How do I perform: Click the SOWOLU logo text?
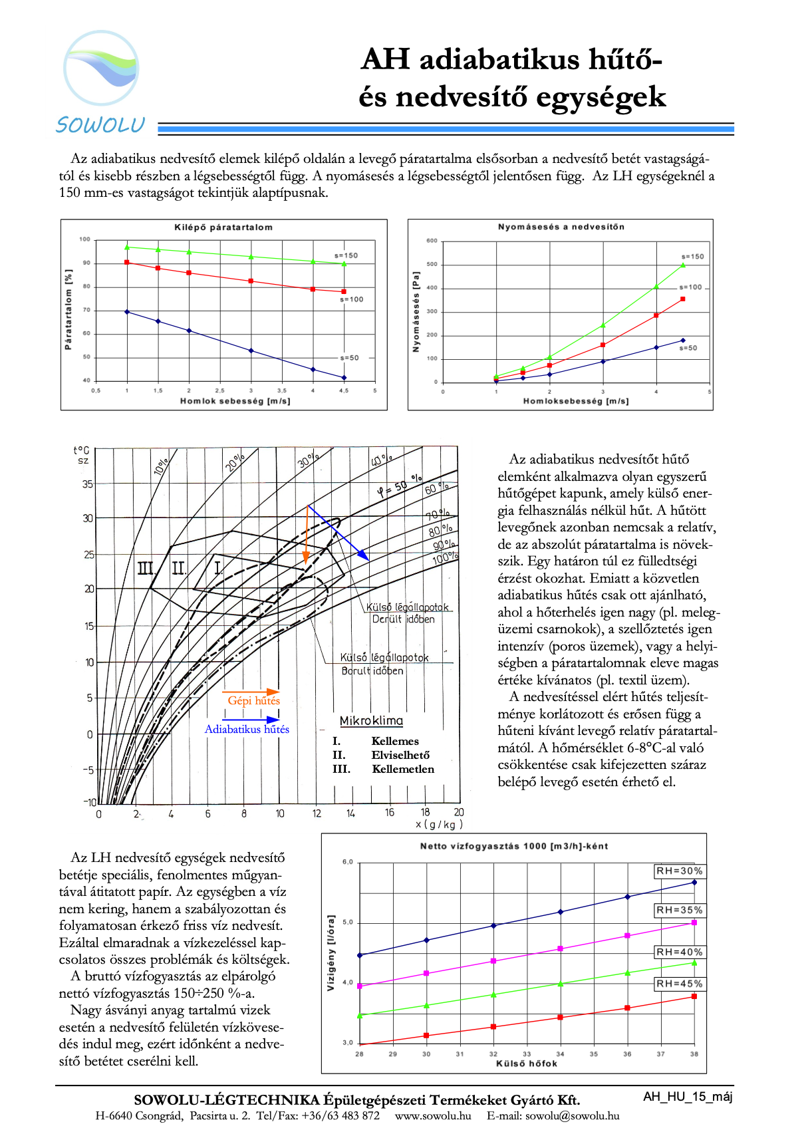click(100, 125)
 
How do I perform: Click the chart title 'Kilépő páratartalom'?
click(223, 227)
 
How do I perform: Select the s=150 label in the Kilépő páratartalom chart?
click(346, 255)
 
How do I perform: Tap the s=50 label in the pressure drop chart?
click(688, 348)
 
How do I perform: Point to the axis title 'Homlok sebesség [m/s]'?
click(235, 401)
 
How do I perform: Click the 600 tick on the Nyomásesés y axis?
click(432, 241)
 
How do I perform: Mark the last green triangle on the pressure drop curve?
click(683, 265)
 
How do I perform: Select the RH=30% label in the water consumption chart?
click(679, 871)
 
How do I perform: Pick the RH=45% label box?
click(679, 984)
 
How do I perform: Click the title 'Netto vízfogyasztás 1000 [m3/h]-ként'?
click(514, 846)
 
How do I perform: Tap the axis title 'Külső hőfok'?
click(527, 1064)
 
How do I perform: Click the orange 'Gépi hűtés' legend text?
click(253, 700)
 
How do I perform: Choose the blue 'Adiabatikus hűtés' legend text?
click(247, 729)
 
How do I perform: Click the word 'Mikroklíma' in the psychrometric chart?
click(371, 721)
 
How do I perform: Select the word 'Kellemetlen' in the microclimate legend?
click(403, 769)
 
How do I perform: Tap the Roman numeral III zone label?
click(146, 569)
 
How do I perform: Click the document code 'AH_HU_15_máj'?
click(688, 1097)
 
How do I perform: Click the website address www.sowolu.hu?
click(433, 1115)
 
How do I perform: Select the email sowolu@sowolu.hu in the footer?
click(572, 1115)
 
